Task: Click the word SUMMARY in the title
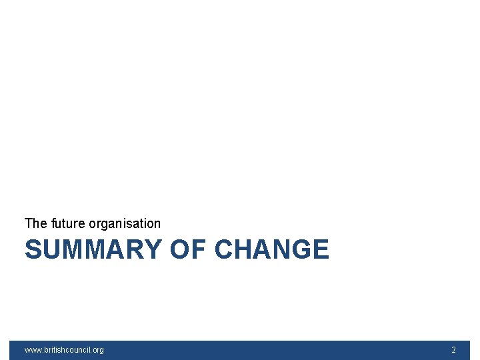pyautogui.click(x=93, y=250)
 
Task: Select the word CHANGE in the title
pyautogui.click(x=272, y=250)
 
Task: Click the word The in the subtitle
pyautogui.click(x=35, y=223)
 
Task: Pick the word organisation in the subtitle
pyautogui.click(x=125, y=223)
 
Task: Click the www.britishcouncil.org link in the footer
pyautogui.click(x=64, y=350)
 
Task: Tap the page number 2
pyautogui.click(x=454, y=350)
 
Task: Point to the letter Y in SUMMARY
pyautogui.click(x=152, y=250)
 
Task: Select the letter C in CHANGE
pyautogui.click(x=225, y=250)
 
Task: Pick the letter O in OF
pyautogui.click(x=181, y=250)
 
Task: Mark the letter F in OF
pyautogui.click(x=199, y=250)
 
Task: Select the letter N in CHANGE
pyautogui.click(x=281, y=250)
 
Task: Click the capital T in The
pyautogui.click(x=28, y=223)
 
